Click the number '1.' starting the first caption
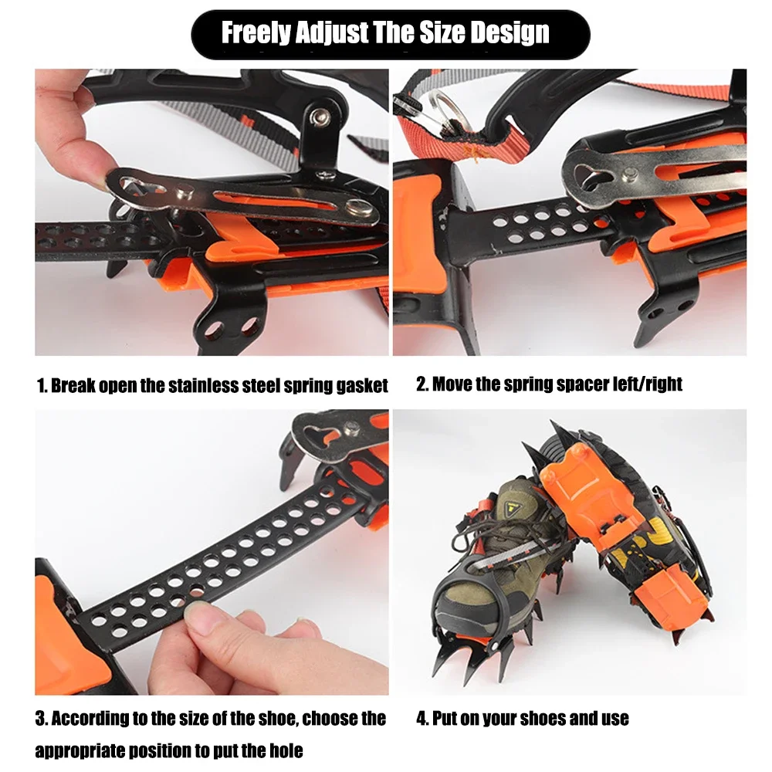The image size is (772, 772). point(42,385)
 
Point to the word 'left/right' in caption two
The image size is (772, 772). point(644,384)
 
